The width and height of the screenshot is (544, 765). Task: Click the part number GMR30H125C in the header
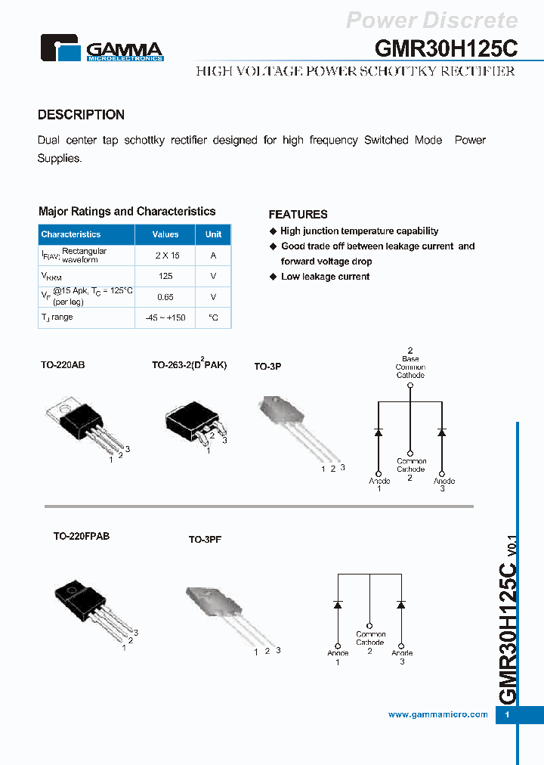coord(446,48)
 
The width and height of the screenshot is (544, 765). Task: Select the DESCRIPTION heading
coord(81,115)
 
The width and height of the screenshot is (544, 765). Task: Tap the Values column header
coord(165,234)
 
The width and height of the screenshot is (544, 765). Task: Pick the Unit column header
coord(214,234)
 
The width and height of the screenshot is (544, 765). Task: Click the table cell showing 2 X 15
coord(165,256)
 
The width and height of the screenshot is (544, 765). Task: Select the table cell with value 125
coord(165,277)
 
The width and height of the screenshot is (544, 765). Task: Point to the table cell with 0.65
coord(165,297)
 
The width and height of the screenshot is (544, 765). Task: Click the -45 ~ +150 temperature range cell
coord(165,318)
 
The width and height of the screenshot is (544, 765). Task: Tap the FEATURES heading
coord(298,215)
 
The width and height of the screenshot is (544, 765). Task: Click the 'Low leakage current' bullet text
coord(325,277)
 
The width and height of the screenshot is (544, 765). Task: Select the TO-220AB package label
coord(63,365)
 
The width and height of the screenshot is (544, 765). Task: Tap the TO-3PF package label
coord(205,540)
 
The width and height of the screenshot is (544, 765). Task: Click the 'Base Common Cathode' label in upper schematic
coord(410,367)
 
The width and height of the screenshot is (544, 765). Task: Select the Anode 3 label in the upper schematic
coord(444,485)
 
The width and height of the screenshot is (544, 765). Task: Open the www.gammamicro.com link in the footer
coord(437,714)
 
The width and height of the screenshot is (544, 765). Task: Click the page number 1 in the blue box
coord(507,715)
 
